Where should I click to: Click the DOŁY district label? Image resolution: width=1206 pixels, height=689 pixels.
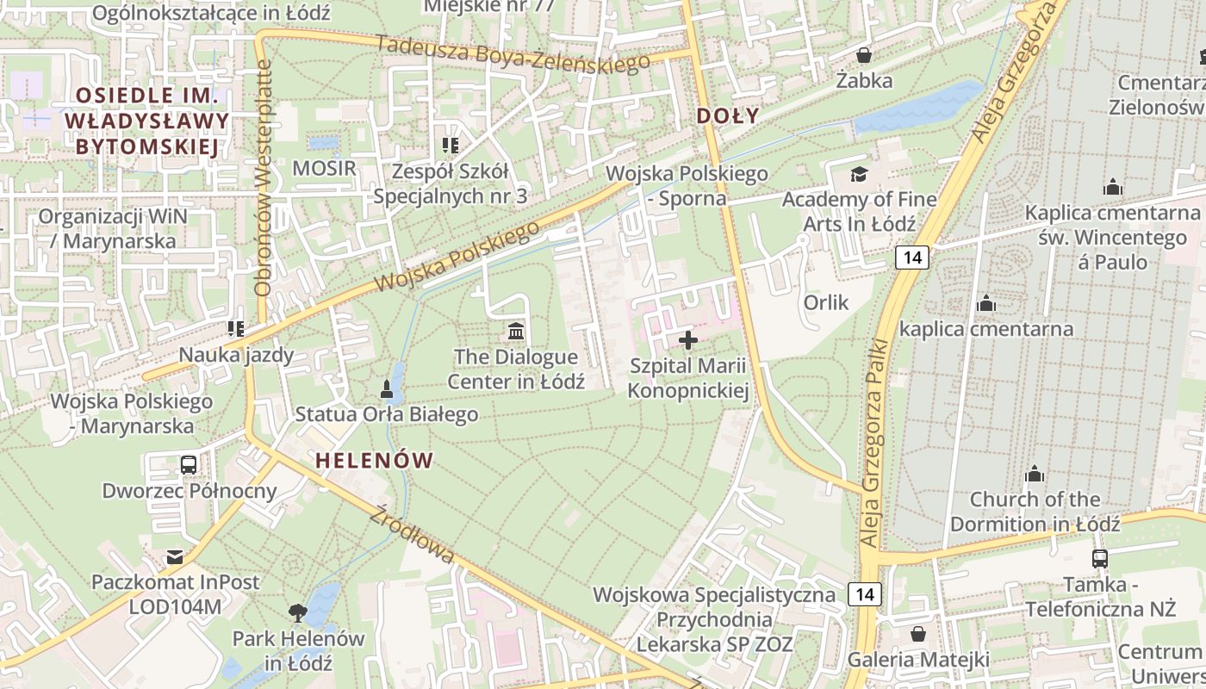728,116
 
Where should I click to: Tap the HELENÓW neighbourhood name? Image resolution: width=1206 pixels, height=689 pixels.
374,461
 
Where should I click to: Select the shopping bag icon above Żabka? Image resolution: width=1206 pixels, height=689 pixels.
864,55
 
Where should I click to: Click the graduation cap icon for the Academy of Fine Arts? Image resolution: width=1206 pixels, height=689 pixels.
859,175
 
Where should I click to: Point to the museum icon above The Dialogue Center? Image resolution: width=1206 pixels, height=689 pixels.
516,331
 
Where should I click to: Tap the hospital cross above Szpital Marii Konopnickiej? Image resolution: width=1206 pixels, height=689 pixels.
688,340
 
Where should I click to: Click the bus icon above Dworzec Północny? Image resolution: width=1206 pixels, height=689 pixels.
189,465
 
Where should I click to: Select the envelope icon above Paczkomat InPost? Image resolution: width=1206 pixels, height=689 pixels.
175,557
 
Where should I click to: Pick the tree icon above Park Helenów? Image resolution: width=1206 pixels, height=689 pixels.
298,613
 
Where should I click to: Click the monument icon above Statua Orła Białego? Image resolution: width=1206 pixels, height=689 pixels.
387,389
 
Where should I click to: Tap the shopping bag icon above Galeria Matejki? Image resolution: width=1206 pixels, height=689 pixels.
918,635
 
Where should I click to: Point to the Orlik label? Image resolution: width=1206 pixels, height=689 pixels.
826,302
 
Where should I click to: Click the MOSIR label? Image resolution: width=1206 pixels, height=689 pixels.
324,168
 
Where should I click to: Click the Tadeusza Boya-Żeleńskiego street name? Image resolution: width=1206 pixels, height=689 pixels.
512,53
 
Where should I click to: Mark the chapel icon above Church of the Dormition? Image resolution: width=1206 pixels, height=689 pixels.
1035,474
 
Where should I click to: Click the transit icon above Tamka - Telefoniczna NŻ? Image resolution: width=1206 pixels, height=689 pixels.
1099,558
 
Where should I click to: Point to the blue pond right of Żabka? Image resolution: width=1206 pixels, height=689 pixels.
917,109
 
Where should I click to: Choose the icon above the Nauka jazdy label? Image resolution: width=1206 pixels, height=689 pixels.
235,328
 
